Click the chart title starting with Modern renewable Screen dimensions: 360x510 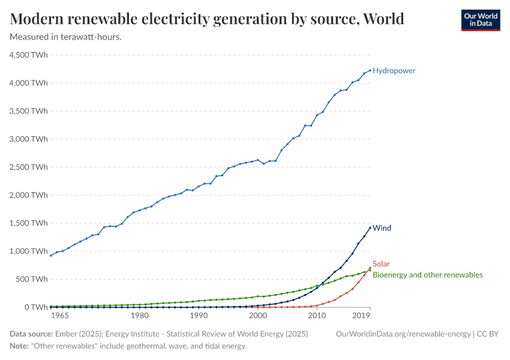click(207, 19)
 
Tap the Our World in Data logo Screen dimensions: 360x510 click(480, 19)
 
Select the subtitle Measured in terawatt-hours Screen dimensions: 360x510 click(66, 37)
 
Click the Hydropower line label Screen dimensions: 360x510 click(394, 71)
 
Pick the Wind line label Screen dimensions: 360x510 click(382, 228)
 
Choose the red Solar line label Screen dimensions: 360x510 click(381, 264)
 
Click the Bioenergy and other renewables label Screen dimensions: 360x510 click(427, 275)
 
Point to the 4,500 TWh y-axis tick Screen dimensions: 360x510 click(29, 55)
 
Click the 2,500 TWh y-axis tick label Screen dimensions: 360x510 click(29, 167)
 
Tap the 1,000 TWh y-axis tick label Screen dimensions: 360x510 click(29, 251)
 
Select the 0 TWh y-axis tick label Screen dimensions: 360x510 click(35, 307)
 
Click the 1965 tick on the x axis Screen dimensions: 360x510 click(60, 316)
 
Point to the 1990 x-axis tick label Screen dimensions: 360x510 click(199, 316)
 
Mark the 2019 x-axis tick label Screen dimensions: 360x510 click(361, 316)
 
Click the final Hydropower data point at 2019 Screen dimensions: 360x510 click(370, 70)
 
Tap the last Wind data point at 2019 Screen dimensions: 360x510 click(370, 227)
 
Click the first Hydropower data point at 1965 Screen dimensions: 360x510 click(51, 256)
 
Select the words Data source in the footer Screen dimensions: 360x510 click(31, 334)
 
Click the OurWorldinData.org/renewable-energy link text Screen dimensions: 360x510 click(403, 334)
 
